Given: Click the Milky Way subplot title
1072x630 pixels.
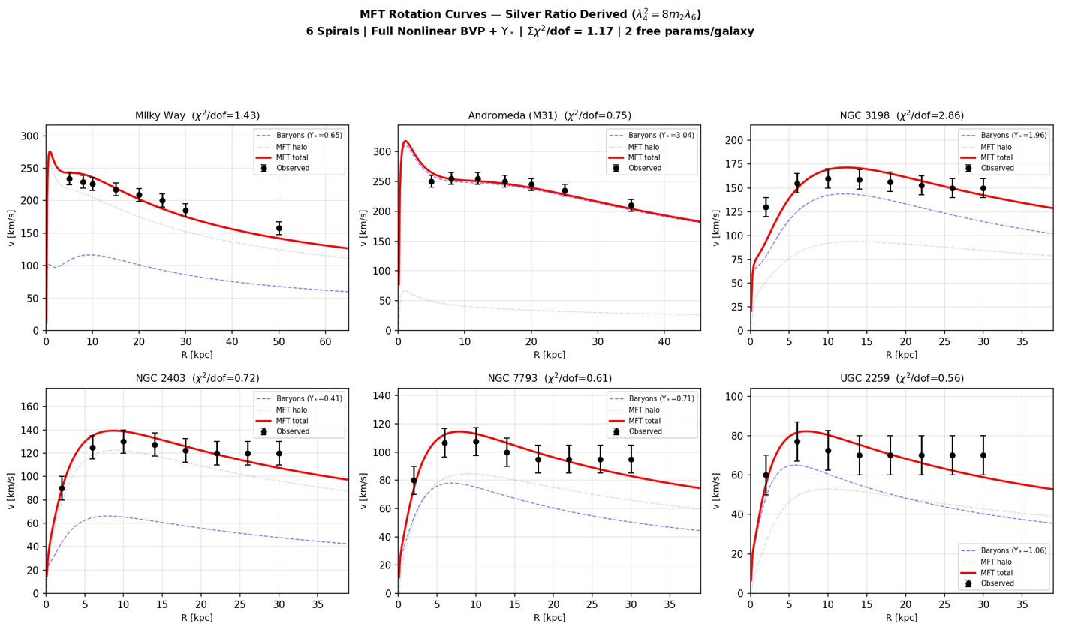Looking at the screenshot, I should click(x=197, y=115).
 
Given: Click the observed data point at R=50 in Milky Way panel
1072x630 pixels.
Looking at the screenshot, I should click(x=279, y=228).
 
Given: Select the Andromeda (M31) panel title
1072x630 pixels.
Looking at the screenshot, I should click(x=549, y=115).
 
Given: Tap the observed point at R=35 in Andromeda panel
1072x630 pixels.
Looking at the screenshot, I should click(x=631, y=205).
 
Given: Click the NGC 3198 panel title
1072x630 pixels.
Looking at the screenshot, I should click(x=901, y=115).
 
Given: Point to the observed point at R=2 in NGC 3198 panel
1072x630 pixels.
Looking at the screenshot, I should click(x=766, y=207).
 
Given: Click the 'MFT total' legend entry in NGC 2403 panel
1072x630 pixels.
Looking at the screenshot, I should click(x=297, y=421).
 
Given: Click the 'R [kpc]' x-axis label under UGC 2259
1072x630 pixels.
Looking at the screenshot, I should click(x=901, y=618).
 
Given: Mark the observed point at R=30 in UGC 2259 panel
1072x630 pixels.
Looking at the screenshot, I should click(x=983, y=455).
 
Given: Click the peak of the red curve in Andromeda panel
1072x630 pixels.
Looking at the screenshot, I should click(x=405, y=141).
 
